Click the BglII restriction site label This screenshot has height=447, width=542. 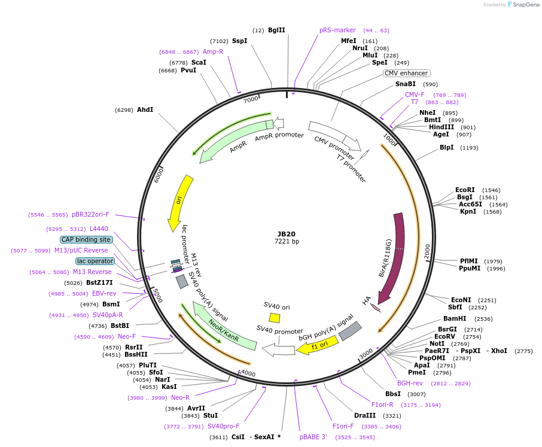coord(276,30)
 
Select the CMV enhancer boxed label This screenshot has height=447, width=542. coord(406,73)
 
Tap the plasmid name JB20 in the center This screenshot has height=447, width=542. coord(287,234)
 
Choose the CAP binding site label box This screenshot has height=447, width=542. coord(86,239)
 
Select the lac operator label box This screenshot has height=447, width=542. coord(95,261)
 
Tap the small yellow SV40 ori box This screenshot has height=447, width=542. coord(275,318)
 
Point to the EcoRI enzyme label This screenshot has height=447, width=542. coord(465,190)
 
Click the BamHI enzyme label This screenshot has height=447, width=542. coord(455,318)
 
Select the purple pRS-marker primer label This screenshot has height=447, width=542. coord(337,30)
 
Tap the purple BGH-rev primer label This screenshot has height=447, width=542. coord(410,383)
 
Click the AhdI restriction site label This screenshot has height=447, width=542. coord(145,110)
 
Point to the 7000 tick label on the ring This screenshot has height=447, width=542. coord(251,98)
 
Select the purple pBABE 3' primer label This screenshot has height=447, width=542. coord(313,437)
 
